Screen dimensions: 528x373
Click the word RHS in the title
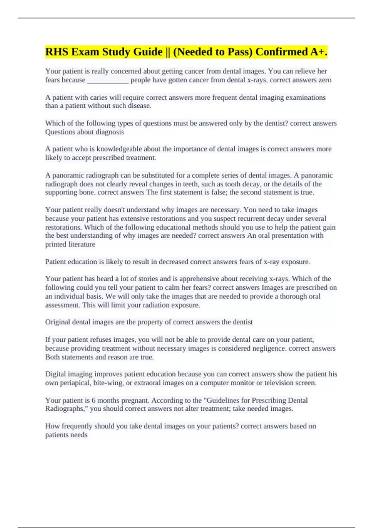tap(56, 52)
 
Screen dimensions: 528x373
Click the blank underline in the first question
tap(108, 80)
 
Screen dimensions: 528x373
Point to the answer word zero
tap(325, 80)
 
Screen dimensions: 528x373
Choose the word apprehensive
tap(200, 279)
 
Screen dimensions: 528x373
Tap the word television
tap(278, 383)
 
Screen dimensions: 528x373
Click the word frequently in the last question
tap(77, 426)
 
